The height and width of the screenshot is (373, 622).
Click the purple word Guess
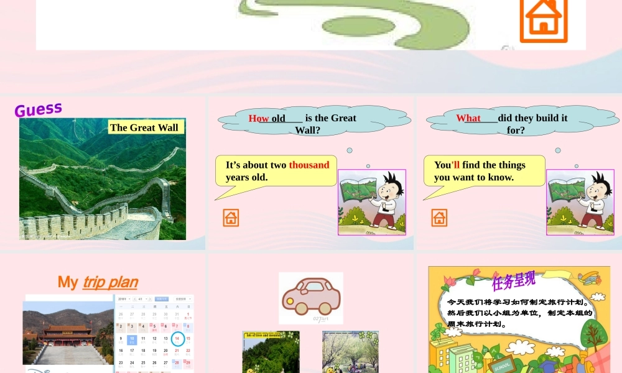38,109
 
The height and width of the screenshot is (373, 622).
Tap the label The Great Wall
144,127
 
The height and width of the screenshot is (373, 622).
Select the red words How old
267,118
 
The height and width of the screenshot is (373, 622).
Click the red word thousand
309,165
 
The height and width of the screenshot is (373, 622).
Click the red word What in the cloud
468,118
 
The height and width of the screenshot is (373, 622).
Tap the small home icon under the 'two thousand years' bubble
231,218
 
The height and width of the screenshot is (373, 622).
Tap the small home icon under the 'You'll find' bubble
439,218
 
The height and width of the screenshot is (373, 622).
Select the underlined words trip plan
110,282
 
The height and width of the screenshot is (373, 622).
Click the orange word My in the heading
68,282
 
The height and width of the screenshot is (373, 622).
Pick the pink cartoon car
310,296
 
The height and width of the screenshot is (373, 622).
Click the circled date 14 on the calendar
177,339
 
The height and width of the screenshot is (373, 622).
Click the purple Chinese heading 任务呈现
513,281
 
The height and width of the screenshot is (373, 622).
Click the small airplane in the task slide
589,278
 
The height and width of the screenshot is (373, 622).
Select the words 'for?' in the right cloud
516,130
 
